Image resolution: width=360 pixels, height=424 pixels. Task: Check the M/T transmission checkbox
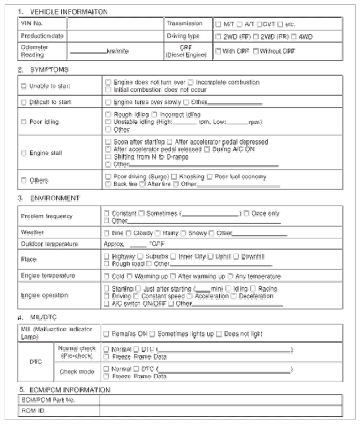219,23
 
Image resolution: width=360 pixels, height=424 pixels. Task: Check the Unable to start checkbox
24,86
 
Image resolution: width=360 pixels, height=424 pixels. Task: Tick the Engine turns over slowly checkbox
108,102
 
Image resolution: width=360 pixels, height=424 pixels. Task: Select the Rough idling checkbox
108,115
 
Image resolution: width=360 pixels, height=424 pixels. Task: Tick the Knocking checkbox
174,177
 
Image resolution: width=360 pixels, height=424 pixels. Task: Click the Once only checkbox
246,213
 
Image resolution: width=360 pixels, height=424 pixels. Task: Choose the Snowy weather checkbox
184,233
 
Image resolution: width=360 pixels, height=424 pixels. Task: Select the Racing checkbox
253,289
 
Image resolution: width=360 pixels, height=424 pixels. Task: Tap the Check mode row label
77,372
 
